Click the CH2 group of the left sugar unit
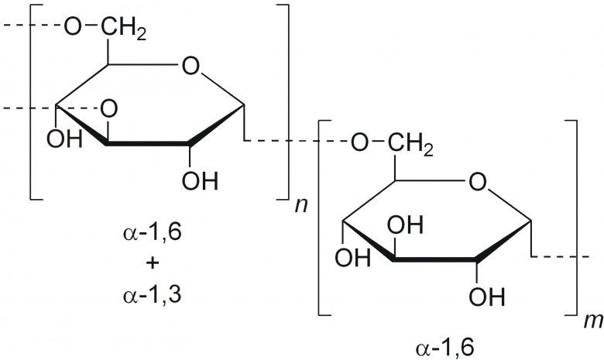point(118,29)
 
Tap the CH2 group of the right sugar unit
point(406,142)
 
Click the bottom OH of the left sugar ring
point(199,182)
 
